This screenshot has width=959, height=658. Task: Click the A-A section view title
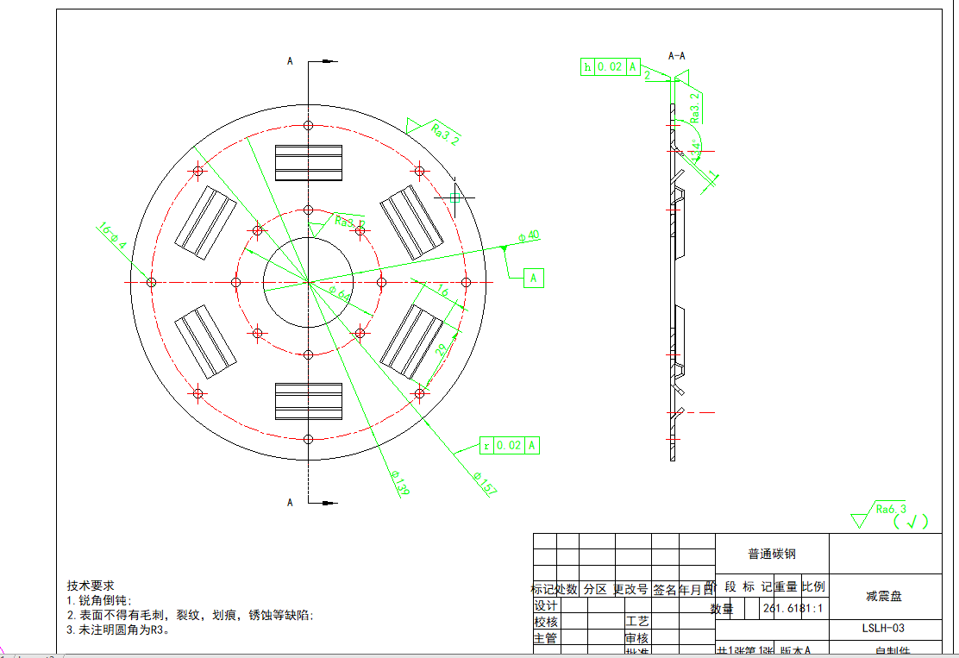[x=677, y=56]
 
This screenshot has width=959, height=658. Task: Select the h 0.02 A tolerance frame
[x=611, y=66]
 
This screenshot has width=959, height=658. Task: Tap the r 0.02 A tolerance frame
[x=511, y=445]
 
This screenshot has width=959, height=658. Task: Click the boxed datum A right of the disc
[x=534, y=278]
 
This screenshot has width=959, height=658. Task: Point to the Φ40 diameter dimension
[x=529, y=235]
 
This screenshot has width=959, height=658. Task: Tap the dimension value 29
[x=442, y=349]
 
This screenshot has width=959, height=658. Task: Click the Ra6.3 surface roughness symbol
[x=890, y=510]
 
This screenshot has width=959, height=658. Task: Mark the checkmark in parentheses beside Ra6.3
[x=912, y=521]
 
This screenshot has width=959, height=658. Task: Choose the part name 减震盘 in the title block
[x=884, y=595]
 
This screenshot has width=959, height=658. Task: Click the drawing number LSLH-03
[x=884, y=629]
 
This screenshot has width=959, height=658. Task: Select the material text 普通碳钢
[x=772, y=554]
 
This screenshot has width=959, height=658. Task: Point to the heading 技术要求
[x=91, y=586]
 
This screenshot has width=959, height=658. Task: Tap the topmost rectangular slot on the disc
[x=309, y=162]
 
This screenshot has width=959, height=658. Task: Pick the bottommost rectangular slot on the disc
[x=309, y=401]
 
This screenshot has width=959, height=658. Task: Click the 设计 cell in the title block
[x=545, y=605]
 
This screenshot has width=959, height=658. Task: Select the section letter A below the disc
[x=291, y=502]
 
